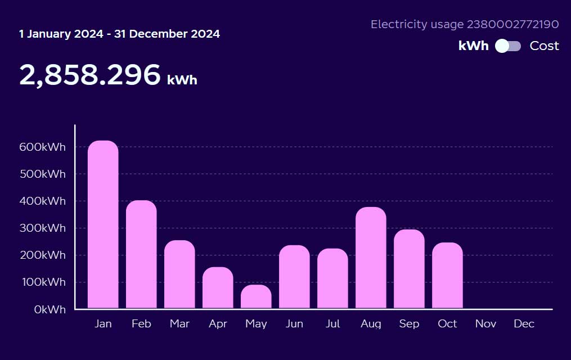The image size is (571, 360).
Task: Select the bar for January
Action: pos(103,225)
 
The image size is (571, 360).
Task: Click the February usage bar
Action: pos(141,255)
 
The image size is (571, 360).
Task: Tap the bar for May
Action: pos(256,297)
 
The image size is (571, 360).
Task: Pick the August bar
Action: pos(371,258)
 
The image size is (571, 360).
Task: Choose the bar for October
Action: pos(447,276)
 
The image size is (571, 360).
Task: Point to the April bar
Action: pos(218,288)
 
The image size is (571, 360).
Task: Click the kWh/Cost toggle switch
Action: pos(508,46)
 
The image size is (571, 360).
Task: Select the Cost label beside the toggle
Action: pos(544,46)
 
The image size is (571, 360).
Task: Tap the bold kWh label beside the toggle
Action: pos(473,46)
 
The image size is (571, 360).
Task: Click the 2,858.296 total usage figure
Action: pos(90,75)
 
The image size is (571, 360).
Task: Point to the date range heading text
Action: pos(119,34)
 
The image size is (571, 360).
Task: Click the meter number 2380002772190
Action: pos(512,24)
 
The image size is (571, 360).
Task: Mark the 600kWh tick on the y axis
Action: pos(43,147)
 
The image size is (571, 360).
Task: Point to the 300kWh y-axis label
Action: pos(43,228)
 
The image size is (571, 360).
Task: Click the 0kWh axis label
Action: pos(50,309)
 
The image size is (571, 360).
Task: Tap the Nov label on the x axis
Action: pos(485,324)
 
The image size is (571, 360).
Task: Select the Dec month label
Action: pos(524,324)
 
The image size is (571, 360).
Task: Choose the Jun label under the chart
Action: pos(294,324)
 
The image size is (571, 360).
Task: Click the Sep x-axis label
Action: pos(409,324)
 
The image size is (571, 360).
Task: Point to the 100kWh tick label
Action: pos(43,282)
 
